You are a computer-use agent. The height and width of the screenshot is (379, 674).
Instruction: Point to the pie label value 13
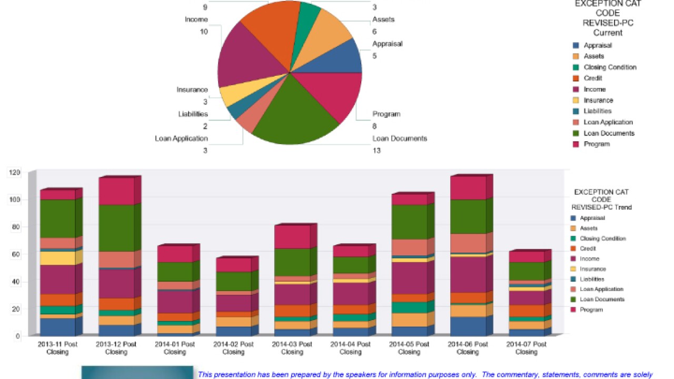[376, 151]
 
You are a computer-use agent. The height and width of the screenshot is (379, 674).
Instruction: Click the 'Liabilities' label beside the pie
[193, 114]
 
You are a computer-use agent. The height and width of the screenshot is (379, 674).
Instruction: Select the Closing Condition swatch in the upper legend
[576, 67]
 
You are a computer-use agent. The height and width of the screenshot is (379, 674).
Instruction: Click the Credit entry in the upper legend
[593, 78]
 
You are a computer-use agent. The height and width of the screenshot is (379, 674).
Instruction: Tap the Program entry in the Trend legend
[591, 310]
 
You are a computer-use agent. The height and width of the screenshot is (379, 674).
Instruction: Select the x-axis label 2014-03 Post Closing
[292, 348]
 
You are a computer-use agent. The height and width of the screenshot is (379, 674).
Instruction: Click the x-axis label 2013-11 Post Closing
[57, 348]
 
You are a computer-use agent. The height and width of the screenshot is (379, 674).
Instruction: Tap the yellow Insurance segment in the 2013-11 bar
[57, 258]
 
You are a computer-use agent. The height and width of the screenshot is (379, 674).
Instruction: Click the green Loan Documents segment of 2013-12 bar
[116, 227]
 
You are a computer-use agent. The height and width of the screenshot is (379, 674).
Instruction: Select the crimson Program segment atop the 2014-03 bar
[292, 236]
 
